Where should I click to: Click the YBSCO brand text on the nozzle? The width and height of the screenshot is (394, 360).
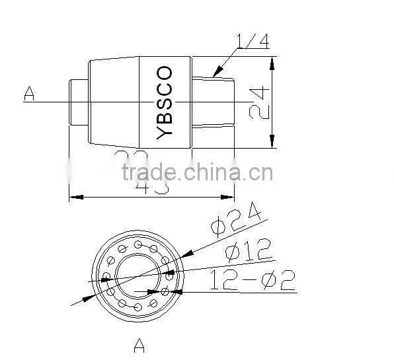click(x=165, y=102)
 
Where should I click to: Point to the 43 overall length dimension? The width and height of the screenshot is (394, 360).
click(x=152, y=186)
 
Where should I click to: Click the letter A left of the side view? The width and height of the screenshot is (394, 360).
click(x=28, y=94)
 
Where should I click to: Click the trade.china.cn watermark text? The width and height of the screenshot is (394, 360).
click(x=197, y=173)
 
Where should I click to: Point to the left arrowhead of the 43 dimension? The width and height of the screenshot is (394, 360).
click(x=75, y=197)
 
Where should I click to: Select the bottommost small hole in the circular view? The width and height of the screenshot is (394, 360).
click(x=138, y=306)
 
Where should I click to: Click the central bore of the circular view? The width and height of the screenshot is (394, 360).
click(x=138, y=275)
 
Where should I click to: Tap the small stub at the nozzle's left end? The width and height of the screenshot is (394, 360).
click(x=79, y=102)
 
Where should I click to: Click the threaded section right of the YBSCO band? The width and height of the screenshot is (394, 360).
click(x=213, y=102)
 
